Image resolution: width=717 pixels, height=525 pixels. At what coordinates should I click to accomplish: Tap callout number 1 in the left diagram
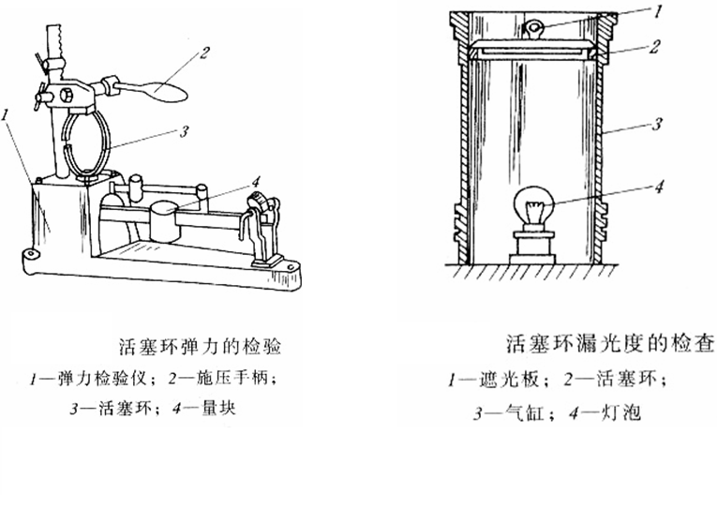click(7, 113)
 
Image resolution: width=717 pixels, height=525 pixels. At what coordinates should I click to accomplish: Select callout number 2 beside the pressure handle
click(203, 53)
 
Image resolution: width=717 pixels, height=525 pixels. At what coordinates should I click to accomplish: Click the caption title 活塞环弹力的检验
click(201, 346)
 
